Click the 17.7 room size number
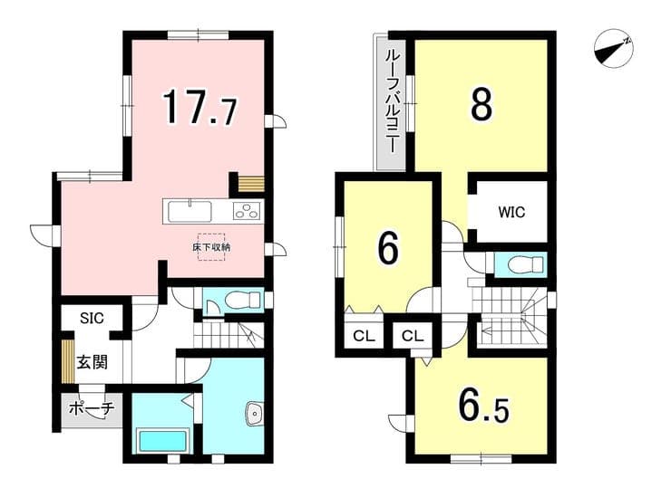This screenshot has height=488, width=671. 199,107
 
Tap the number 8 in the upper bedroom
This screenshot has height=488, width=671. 481,104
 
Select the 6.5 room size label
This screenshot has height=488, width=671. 483,409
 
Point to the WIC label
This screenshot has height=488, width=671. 511,212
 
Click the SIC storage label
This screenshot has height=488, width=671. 92,318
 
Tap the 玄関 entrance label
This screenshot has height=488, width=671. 92,362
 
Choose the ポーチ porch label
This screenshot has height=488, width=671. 92,409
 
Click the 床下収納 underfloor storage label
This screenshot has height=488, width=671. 211,247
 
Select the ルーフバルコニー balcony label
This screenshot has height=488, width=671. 391,102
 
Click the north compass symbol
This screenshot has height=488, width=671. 614,48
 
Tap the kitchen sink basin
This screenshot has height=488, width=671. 190,212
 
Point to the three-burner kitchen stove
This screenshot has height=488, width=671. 246,211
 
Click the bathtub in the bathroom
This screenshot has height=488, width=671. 161,440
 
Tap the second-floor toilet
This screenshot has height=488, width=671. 525,264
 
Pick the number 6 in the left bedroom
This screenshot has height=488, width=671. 388,249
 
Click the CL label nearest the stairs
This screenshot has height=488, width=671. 413,336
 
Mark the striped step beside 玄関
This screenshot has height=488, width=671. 68,361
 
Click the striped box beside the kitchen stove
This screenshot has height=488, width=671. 252,184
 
